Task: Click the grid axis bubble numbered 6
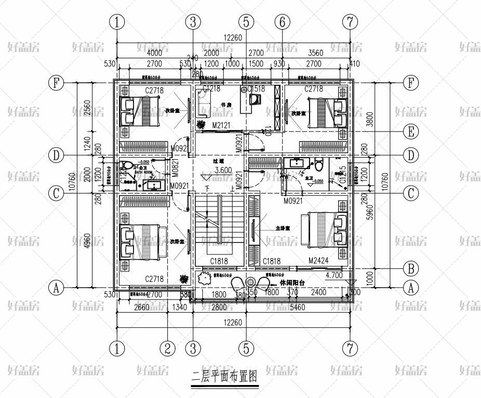coord(283,22)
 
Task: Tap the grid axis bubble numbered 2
coord(167,348)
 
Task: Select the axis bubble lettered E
coord(411,132)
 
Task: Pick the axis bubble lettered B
coord(411,268)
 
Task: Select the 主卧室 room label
coord(283,228)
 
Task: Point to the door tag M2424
coord(319,261)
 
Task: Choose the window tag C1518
coord(256,89)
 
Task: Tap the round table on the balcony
coord(251,282)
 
